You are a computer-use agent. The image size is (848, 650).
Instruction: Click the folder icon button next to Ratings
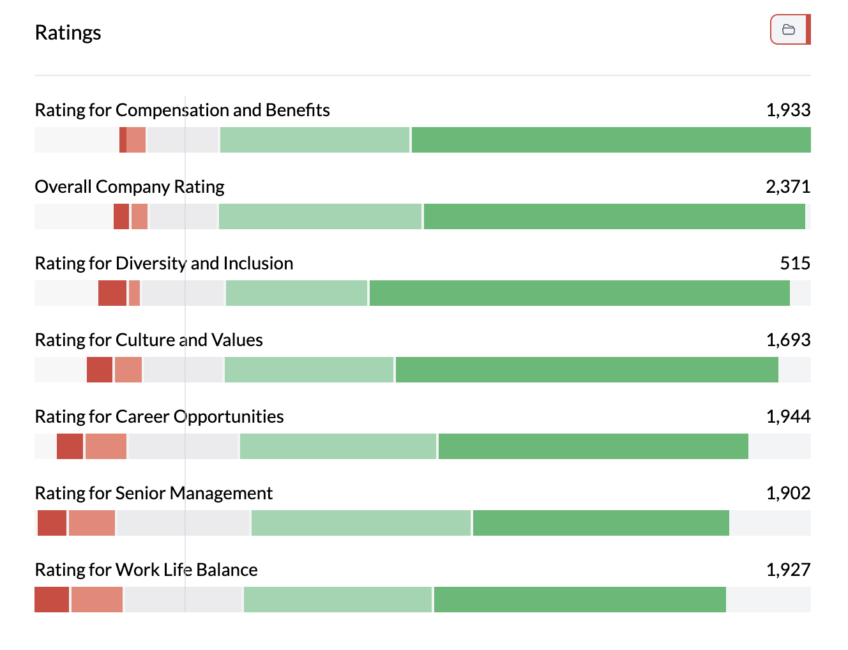coord(789,29)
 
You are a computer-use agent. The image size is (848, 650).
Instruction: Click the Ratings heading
coord(68,33)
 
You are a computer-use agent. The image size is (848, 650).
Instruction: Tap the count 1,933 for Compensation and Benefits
coord(788,110)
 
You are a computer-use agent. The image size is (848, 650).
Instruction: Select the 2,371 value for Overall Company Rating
coord(788,186)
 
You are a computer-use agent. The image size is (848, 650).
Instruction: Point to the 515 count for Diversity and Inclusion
coord(795,263)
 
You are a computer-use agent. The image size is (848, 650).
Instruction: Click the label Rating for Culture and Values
coord(149,340)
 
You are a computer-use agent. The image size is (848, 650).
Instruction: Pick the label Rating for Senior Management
coord(154,493)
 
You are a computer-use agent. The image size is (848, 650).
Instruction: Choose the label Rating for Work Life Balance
coord(146,570)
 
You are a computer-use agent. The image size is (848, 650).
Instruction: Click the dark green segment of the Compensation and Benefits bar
coord(611,140)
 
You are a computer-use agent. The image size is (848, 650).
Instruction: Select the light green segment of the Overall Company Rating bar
coord(320,216)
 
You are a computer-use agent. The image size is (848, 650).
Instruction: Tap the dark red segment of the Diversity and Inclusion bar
coord(112,293)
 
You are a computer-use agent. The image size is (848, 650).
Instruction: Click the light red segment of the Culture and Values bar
coord(128,370)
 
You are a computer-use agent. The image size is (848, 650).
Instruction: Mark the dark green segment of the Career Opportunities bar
coord(593,446)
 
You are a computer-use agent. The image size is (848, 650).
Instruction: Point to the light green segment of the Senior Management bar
coord(361,523)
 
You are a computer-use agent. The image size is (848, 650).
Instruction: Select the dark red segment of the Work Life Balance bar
coord(52,600)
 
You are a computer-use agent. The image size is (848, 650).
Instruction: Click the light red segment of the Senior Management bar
coord(92,523)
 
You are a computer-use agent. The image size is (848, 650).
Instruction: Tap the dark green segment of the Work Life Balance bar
coord(580,600)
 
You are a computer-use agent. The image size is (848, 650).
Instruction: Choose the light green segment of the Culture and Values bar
coord(309,370)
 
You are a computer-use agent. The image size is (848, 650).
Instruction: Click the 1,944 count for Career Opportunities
coord(788,416)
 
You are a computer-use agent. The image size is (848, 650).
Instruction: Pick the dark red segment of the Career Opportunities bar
coord(70,446)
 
